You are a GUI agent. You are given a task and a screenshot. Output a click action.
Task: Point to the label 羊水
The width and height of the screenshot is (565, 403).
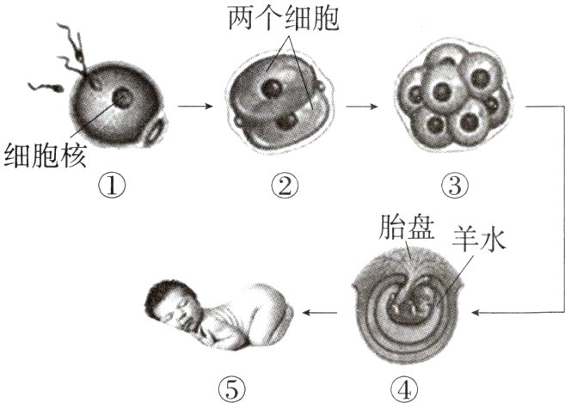[482, 240]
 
